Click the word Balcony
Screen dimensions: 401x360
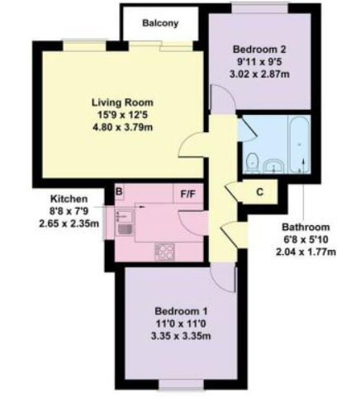[160, 23]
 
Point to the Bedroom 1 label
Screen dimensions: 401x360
[174, 310]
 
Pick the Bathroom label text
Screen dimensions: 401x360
[306, 228]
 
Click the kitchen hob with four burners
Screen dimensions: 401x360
[165, 251]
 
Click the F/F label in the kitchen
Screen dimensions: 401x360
[188, 195]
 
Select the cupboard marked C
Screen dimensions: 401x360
[259, 193]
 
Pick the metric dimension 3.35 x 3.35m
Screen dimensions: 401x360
[174, 336]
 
